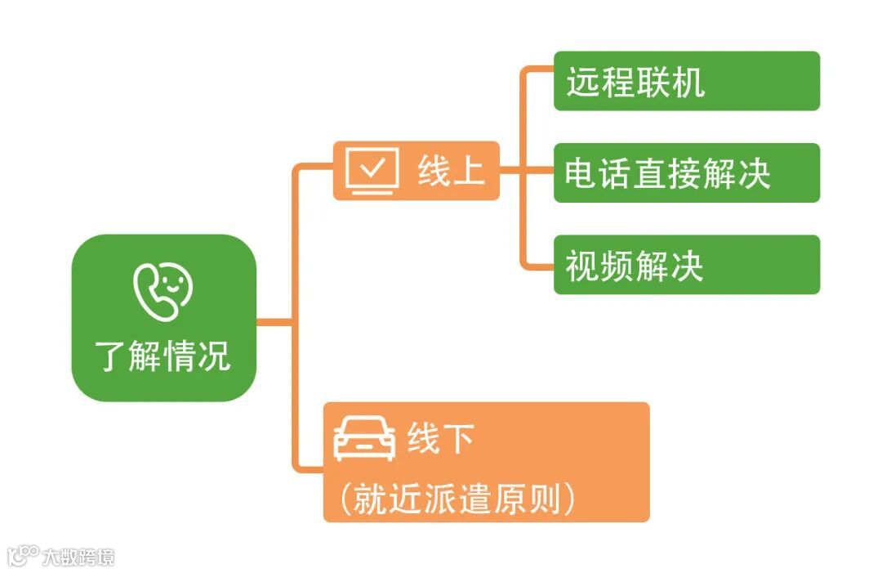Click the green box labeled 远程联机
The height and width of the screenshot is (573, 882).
(686, 81)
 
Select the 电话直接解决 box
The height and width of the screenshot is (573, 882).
(686, 173)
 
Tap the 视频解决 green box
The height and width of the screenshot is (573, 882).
(686, 265)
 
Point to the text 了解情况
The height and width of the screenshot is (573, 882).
(163, 356)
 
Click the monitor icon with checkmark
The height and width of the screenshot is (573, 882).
(372, 170)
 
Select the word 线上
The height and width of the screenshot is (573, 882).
(451, 171)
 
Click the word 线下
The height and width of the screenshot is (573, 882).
(441, 440)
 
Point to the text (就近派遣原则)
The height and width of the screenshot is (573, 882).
(458, 499)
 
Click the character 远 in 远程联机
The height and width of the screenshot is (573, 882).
(583, 83)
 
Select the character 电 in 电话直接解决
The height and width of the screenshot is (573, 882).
(581, 174)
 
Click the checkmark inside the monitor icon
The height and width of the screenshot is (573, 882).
(373, 167)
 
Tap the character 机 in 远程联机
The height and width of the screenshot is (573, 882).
(688, 83)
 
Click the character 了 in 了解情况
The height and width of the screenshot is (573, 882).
(111, 357)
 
